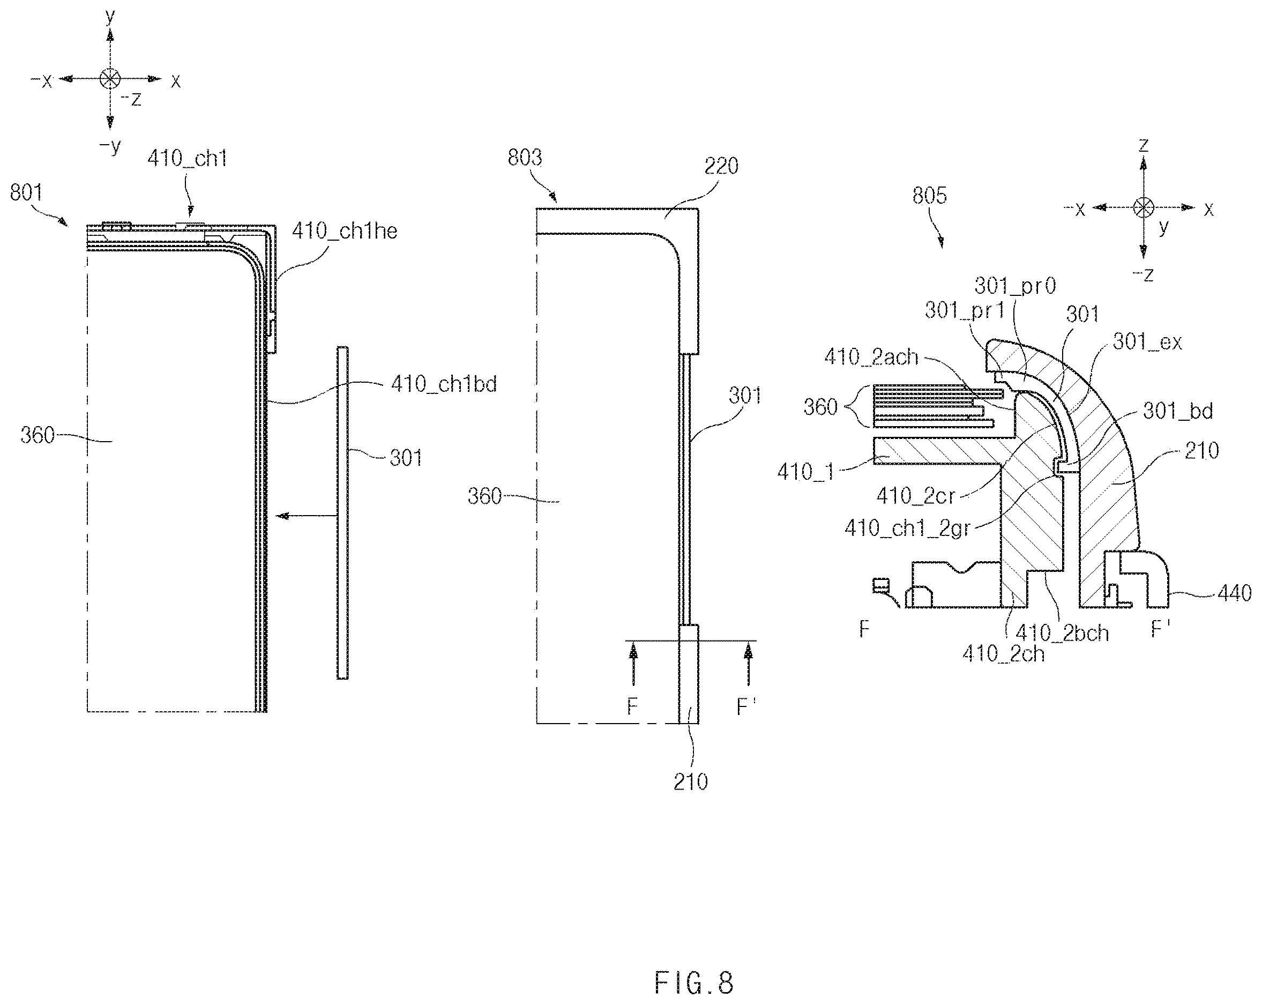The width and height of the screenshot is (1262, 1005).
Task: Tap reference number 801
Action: click(x=26, y=192)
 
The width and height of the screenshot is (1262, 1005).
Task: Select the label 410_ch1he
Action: click(x=345, y=231)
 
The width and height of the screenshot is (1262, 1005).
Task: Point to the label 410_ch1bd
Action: click(x=444, y=384)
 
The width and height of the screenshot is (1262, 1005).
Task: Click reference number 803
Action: click(x=525, y=158)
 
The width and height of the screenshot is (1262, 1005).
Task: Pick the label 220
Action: click(x=721, y=166)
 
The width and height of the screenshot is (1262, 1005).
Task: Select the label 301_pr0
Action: click(x=1015, y=286)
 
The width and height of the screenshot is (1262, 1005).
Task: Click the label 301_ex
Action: click(x=1147, y=342)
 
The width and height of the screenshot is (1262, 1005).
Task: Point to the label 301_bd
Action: click(x=1178, y=411)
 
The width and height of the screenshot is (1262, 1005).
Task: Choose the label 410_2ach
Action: click(x=871, y=357)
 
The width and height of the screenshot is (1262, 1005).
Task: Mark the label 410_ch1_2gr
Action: click(x=907, y=528)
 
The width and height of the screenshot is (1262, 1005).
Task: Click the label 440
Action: click(x=1235, y=593)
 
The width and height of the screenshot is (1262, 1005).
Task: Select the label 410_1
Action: click(x=805, y=472)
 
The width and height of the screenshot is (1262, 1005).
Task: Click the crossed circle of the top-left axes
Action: click(x=110, y=78)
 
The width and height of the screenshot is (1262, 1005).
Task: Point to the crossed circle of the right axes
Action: click(x=1143, y=207)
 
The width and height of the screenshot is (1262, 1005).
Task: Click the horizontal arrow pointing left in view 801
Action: click(x=306, y=516)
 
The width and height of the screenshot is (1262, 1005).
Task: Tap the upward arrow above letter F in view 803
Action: click(x=633, y=663)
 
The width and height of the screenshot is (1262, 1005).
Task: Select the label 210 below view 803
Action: click(x=691, y=782)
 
